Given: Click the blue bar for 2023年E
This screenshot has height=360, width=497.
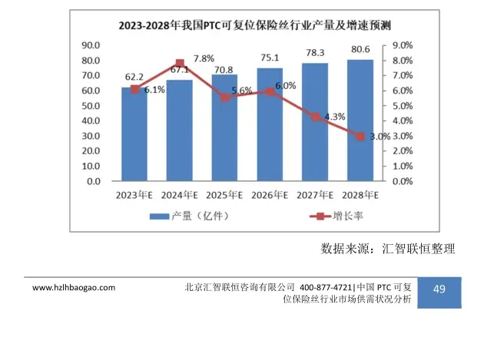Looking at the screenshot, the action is coord(134,134).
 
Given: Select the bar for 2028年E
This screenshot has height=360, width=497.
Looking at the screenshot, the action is coord(360,121).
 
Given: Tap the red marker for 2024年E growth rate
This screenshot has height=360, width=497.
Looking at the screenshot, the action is coord(180,64).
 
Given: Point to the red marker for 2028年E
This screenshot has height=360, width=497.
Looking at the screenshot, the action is coord(360,137).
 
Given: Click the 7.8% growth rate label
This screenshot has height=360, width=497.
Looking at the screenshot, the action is coord(204,58).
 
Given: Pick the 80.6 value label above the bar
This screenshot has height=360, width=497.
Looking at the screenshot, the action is coord(360,49).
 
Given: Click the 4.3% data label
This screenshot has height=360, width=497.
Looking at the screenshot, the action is coord(335,117).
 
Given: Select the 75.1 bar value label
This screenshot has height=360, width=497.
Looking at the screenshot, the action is coord(270,58).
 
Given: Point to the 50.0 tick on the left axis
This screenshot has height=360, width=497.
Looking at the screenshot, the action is coord(91,106).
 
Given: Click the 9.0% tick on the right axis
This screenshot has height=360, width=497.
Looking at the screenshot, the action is coord(403,45).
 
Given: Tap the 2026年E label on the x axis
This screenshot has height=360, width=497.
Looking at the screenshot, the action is coord(270,196).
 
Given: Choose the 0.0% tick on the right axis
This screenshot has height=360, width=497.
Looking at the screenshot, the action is coord(403,181).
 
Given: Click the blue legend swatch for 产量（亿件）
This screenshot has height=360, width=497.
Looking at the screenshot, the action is coord(159,216).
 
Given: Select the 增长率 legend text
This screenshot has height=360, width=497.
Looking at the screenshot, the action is coord(348,216).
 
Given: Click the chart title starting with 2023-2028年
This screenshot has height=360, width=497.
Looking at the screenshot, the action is coord(254,25).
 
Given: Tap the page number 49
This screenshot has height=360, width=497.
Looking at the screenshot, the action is coord(439,289).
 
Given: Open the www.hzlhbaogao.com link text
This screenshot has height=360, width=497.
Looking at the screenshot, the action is coord(74,288).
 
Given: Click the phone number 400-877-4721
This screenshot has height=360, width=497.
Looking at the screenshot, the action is coord(326,288).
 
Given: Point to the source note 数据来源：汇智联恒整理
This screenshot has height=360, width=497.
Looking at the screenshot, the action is coord(388,249).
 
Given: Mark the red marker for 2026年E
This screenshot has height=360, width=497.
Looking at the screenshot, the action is coord(270,91).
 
